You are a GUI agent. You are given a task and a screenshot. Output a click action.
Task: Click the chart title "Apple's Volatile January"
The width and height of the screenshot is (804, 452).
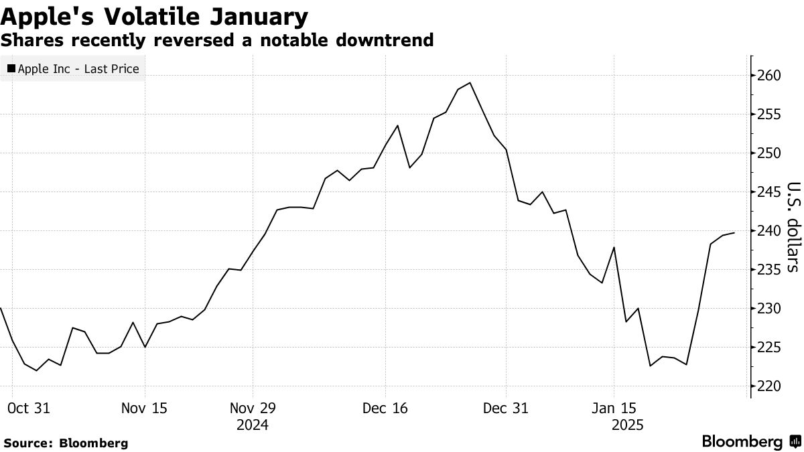tap(155, 15)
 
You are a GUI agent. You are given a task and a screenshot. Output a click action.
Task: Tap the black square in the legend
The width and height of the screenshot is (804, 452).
tap(11, 68)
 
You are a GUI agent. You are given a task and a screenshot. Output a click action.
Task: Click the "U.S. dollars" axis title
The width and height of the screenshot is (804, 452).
tap(793, 227)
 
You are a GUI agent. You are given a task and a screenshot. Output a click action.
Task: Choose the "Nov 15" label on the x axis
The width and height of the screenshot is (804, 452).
tap(145, 408)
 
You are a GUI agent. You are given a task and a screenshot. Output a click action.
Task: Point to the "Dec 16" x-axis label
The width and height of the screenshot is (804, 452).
tap(385, 408)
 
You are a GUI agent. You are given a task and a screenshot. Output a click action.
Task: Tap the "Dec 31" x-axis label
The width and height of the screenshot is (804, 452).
tap(507, 408)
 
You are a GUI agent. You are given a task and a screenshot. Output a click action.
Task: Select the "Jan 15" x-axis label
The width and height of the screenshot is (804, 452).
tap(614, 408)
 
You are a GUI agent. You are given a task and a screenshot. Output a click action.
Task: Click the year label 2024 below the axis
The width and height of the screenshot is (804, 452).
tap(253, 425)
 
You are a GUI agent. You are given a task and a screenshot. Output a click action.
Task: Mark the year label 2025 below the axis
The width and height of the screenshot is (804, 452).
tap(627, 425)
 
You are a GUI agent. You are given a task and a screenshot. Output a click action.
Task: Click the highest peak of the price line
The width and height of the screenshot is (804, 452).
tap(470, 83)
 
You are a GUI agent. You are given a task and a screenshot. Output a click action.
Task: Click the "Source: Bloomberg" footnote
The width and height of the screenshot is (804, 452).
tap(66, 443)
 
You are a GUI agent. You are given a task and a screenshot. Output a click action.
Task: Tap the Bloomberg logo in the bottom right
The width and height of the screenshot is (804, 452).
tap(750, 442)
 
